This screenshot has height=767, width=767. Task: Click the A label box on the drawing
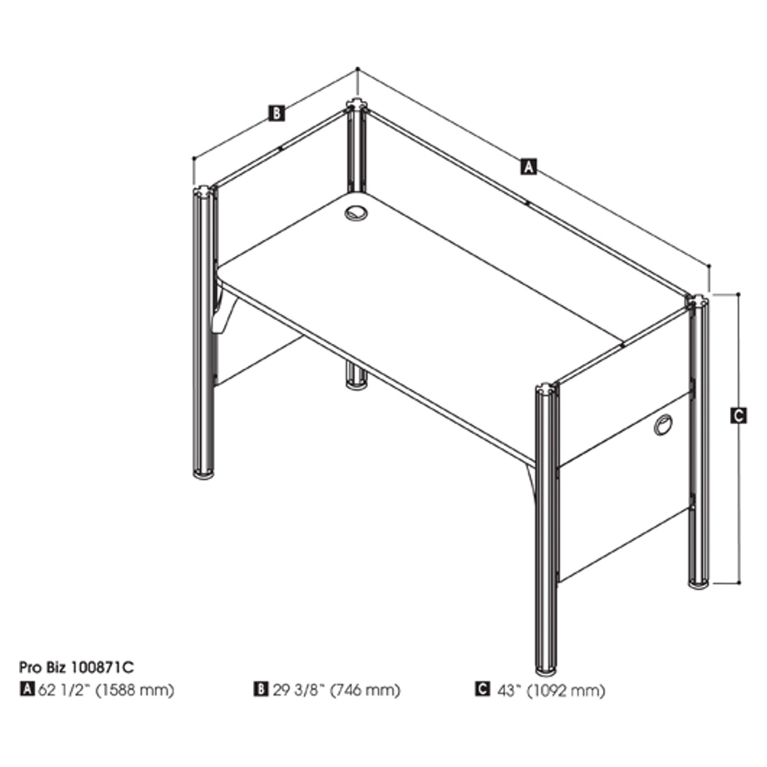[x=528, y=166]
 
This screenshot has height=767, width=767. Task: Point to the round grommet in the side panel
[x=663, y=424]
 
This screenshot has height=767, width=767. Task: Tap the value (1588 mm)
[x=135, y=690]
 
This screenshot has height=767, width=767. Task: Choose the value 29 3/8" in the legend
[x=297, y=690]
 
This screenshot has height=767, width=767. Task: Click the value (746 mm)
[x=364, y=690]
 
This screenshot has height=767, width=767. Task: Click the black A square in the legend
[x=27, y=690]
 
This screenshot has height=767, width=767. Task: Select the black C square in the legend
[x=482, y=690]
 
